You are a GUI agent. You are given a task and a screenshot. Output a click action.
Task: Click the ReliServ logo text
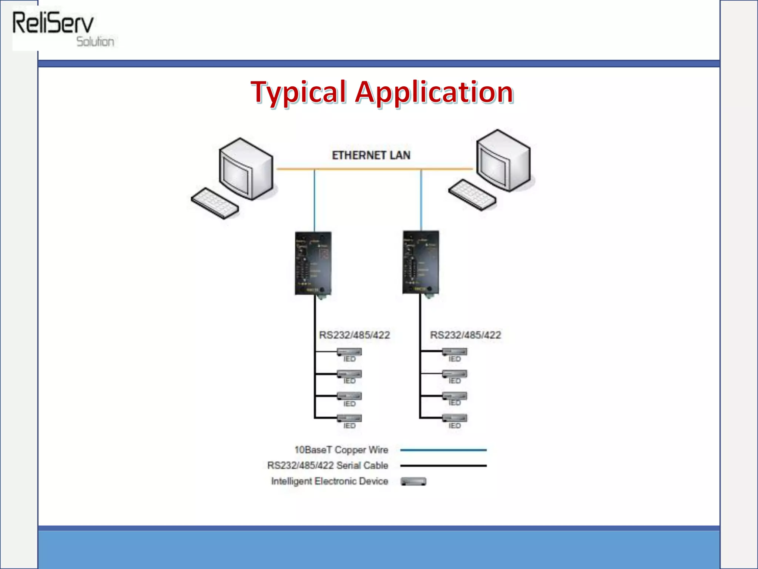click(x=53, y=23)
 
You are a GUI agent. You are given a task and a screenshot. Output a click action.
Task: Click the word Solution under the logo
click(x=95, y=42)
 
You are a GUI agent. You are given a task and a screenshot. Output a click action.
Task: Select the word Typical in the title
click(x=298, y=92)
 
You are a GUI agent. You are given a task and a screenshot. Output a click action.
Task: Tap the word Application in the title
click(x=434, y=92)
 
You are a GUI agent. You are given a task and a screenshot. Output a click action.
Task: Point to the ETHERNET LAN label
click(x=371, y=155)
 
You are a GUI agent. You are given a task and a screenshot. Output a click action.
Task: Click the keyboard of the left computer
click(x=215, y=203)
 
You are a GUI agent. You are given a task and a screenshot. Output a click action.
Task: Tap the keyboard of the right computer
click(x=472, y=194)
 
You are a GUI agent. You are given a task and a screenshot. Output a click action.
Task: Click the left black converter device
click(x=313, y=263)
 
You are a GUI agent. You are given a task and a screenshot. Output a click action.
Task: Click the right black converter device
click(x=421, y=262)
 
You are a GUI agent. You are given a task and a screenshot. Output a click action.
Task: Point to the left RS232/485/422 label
click(x=354, y=335)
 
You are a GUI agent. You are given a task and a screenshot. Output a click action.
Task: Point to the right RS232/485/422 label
click(x=465, y=335)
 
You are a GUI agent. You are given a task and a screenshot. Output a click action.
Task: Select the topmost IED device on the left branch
click(x=349, y=352)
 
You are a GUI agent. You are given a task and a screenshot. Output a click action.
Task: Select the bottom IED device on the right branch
click(x=455, y=418)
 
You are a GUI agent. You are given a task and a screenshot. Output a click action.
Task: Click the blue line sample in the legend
click(x=443, y=450)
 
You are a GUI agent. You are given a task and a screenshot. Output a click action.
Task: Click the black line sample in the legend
click(x=443, y=466)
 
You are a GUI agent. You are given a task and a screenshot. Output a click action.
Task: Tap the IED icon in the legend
click(x=413, y=482)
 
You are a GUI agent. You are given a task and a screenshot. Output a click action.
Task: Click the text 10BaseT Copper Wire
click(x=341, y=450)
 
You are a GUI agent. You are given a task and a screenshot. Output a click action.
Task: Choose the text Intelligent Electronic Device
click(x=329, y=481)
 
